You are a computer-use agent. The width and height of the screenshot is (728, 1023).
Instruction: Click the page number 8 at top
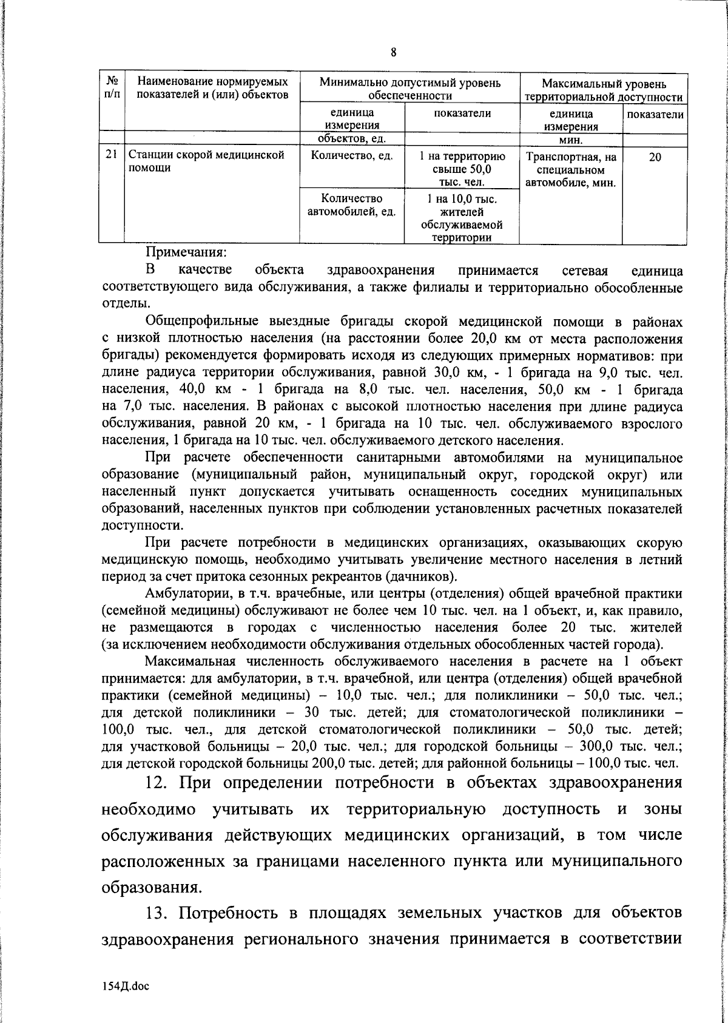[393, 52]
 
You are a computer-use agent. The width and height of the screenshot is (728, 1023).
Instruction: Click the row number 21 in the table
[111, 156]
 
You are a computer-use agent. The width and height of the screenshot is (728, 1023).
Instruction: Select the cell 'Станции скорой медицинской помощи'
[206, 162]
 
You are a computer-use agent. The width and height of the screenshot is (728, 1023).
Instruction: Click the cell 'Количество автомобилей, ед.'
[352, 205]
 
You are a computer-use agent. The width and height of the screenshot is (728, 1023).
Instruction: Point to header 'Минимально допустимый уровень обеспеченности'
[410, 89]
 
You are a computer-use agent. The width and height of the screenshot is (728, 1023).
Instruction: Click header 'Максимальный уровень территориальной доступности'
[604, 90]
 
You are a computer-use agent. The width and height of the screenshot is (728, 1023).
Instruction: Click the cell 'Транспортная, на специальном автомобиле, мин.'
[571, 169]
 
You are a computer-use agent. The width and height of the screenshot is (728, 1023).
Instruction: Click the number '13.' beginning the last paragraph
[161, 946]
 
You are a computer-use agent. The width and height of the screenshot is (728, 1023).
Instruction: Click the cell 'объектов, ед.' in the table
[352, 141]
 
